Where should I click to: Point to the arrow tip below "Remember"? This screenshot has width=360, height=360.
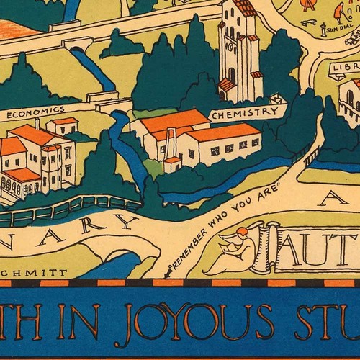(x=166, y=274)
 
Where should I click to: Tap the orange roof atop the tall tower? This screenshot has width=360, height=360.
(x=244, y=8)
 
